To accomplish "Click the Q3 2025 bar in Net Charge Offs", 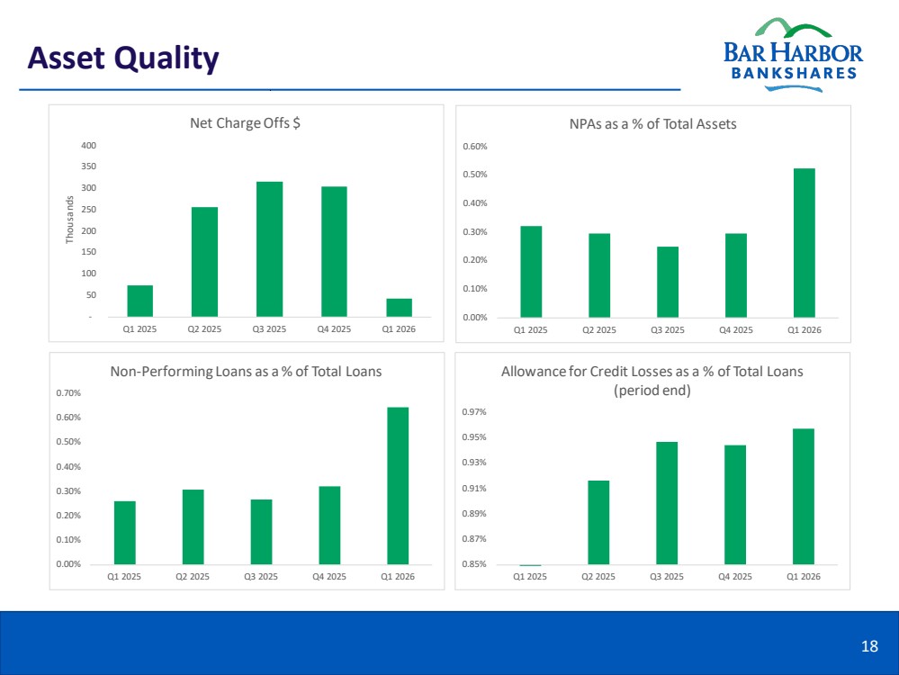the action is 269,249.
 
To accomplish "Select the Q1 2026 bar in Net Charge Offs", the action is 399,308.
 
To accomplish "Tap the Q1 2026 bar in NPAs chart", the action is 804,243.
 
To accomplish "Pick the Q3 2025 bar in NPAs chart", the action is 668,282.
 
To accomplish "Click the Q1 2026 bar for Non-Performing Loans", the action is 398,486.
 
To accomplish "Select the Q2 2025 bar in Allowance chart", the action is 598,523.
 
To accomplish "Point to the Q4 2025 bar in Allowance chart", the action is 735,505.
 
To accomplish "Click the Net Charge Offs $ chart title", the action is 245,123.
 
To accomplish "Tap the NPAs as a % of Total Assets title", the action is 652,124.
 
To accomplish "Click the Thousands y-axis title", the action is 70,220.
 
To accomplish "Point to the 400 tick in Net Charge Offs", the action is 89,146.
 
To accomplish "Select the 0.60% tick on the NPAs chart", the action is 475,146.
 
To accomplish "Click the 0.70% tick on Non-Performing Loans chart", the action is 68,392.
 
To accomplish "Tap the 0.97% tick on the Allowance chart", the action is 474,412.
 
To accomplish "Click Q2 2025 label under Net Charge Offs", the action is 204,329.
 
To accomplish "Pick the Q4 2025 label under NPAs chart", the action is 735,329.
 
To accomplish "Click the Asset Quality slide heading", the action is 123,58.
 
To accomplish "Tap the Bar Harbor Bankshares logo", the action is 793,55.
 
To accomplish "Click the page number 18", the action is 869,646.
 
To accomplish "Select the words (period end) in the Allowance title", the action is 652,391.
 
